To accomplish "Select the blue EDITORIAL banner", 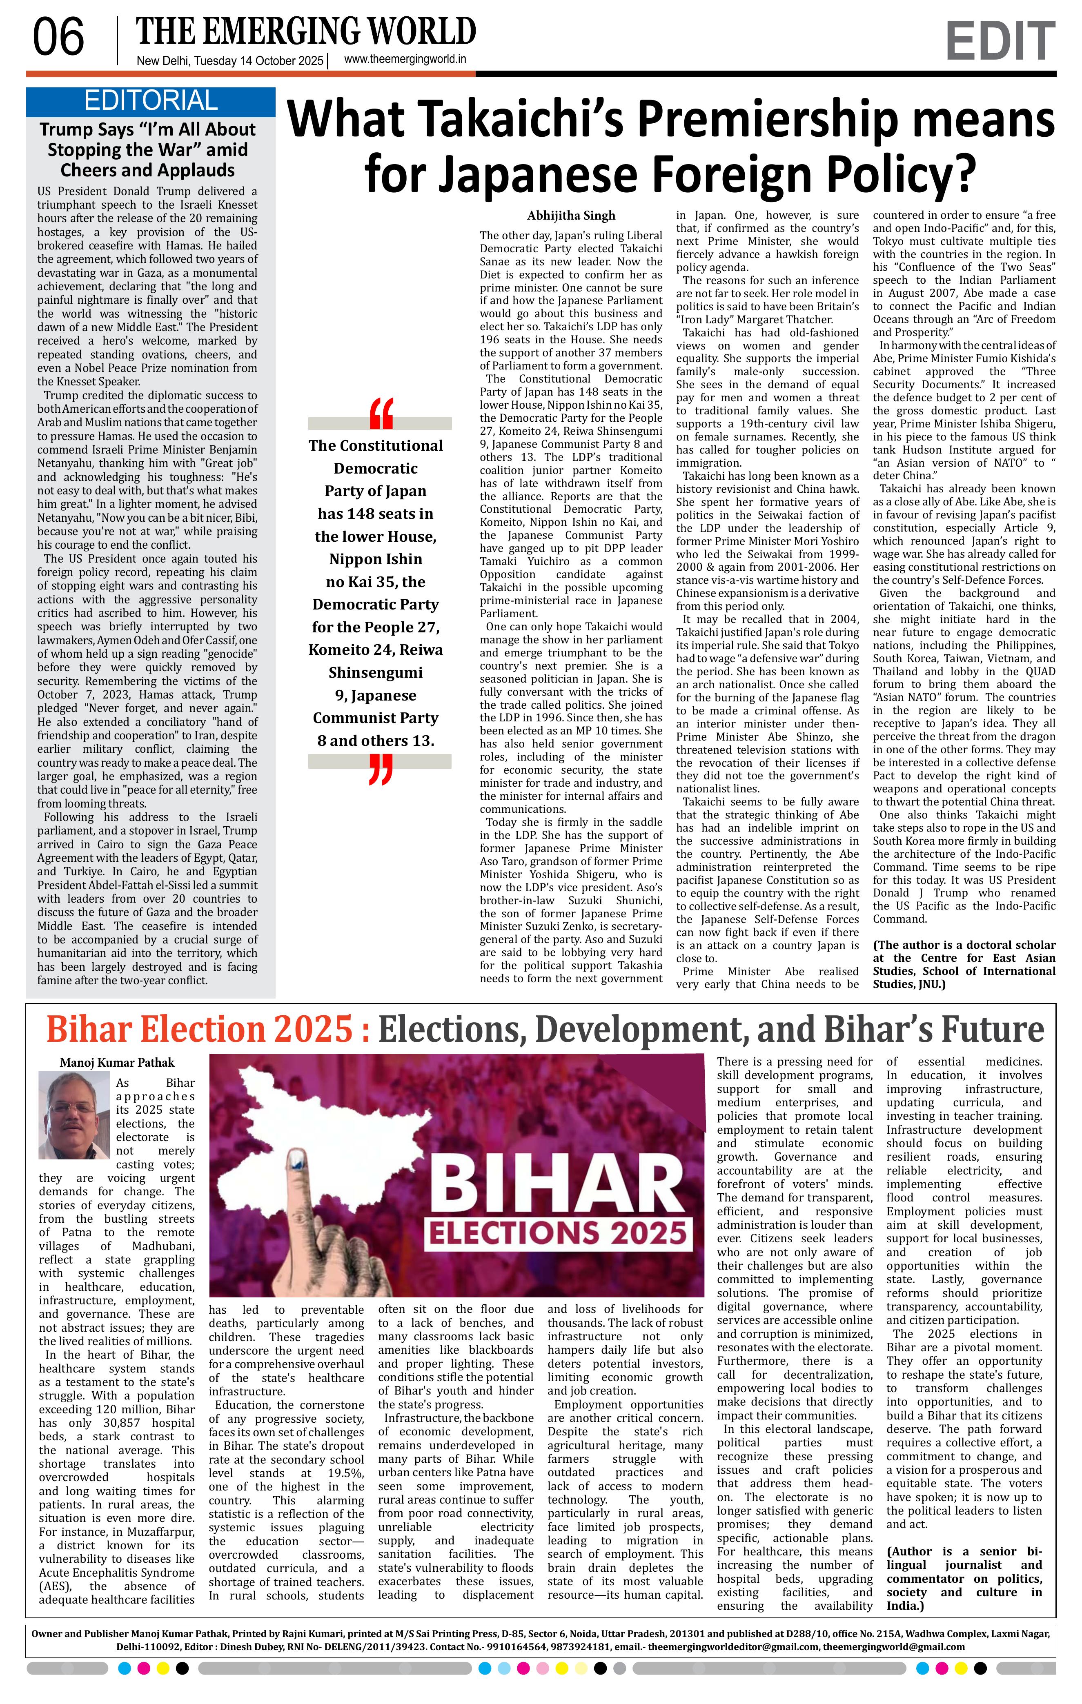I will click(x=151, y=101).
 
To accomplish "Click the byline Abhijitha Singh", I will click(x=571, y=216).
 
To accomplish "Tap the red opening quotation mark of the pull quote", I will click(x=381, y=414).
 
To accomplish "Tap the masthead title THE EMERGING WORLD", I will click(x=306, y=32).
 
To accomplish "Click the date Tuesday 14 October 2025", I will click(x=258, y=61).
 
